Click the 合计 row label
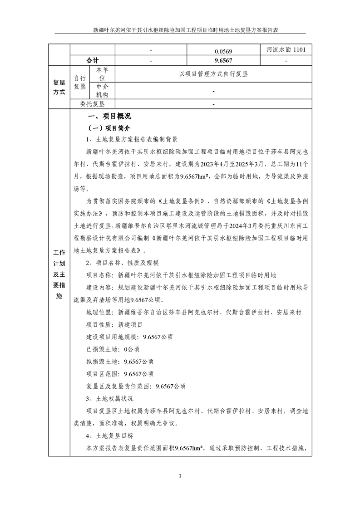[x=92, y=60]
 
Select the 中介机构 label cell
[x=102, y=91]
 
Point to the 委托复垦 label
[x=92, y=104]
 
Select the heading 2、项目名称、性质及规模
[x=122, y=263]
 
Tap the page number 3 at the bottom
[x=180, y=476]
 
